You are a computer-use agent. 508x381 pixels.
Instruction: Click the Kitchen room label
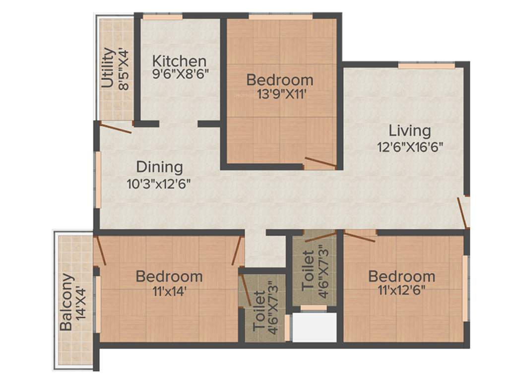pos(179,62)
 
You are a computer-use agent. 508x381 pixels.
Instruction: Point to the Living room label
pos(409,131)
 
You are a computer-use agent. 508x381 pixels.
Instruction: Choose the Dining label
pos(159,167)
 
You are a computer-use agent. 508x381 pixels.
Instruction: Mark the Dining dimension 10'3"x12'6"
pos(159,183)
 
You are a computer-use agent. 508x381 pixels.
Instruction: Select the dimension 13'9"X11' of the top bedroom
pos(279,93)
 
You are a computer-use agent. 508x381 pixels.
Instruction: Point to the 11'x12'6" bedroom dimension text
pos(401,290)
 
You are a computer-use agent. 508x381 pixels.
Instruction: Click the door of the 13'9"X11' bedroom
pos(320,162)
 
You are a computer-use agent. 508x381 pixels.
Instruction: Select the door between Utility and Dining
pos(116,127)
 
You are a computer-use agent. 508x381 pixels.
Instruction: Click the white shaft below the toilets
pos(314,327)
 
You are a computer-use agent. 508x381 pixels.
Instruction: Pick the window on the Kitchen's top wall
pos(162,17)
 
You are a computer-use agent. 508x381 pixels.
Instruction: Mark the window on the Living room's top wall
pos(426,65)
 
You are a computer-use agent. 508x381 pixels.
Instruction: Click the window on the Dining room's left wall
pos(98,180)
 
